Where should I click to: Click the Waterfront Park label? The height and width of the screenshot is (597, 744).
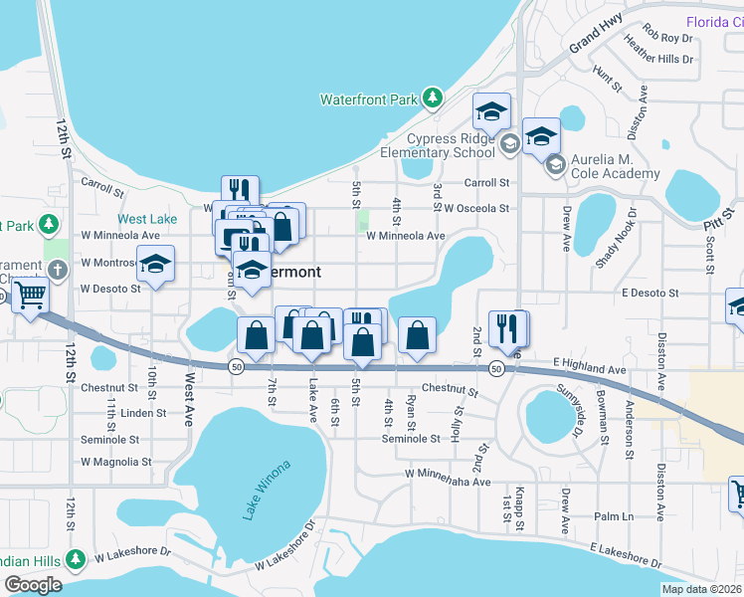coord(368,99)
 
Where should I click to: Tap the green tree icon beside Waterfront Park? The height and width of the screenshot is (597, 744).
coord(432,98)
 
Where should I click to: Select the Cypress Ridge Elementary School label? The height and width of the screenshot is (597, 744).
coord(438,146)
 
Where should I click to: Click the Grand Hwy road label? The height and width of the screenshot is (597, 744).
coord(595,40)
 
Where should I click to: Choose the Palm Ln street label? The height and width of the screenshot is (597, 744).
coord(614,516)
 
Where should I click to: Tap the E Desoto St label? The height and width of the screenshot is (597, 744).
coord(650,294)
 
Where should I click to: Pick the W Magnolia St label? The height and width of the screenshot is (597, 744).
coord(116,462)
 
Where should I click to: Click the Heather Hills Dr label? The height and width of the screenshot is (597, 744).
coord(657,59)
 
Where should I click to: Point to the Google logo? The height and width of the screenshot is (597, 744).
coord(33,585)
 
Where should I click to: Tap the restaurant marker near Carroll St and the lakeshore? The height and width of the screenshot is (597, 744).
coord(239,189)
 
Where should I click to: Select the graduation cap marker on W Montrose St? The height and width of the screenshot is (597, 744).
coord(155,264)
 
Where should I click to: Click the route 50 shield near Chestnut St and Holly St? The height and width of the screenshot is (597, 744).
coord(495,368)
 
